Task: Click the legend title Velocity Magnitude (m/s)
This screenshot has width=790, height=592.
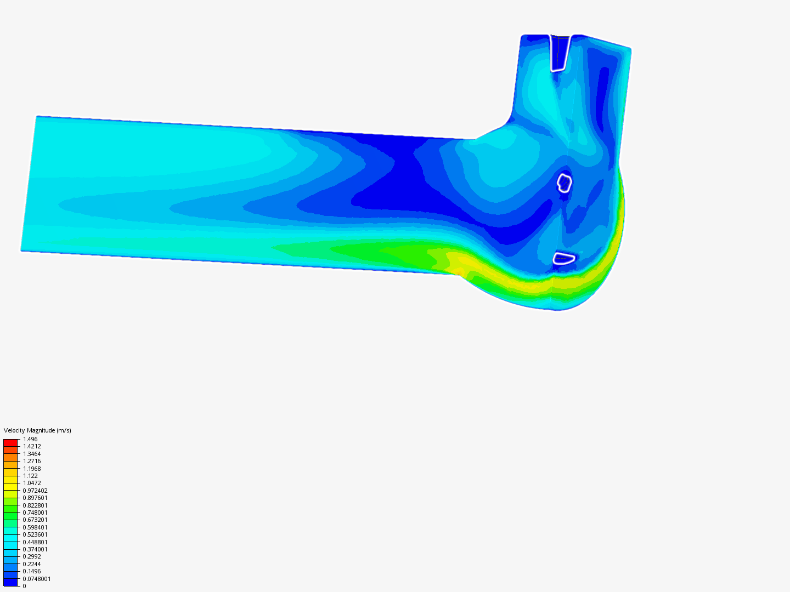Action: coord(37,430)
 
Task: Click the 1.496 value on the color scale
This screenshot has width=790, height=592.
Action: coord(30,439)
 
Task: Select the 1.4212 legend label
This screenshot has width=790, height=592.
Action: coord(32,446)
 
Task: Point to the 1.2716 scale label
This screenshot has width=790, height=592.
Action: coord(32,461)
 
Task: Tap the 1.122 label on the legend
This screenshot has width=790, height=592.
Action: coord(30,476)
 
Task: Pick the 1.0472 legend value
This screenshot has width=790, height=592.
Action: coord(32,483)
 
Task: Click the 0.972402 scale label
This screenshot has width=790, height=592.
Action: coord(35,491)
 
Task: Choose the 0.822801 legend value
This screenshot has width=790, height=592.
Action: coord(35,505)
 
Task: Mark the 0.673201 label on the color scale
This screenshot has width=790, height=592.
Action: coord(35,520)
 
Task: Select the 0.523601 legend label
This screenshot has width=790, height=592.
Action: coord(35,534)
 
